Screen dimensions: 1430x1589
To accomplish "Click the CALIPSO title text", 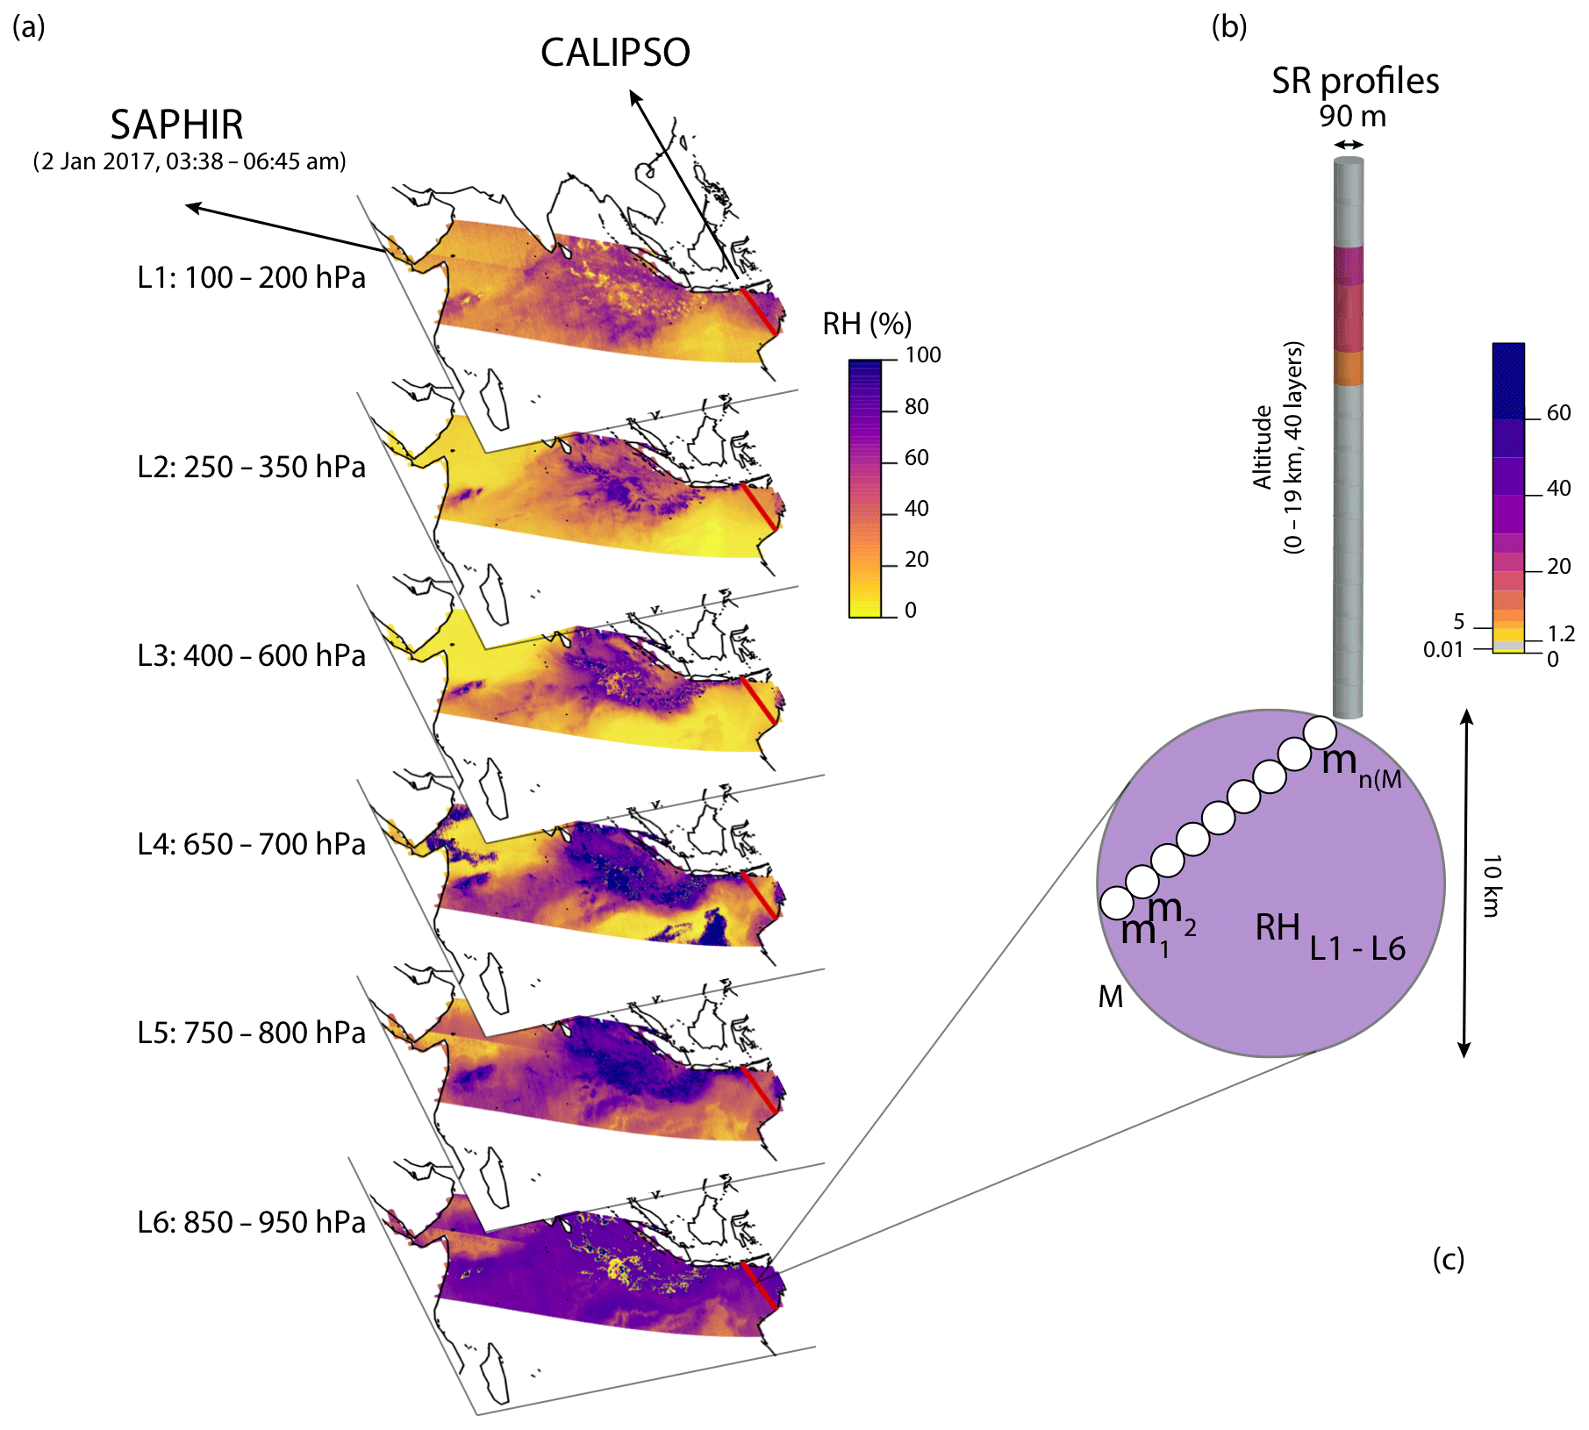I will pyautogui.click(x=615, y=53).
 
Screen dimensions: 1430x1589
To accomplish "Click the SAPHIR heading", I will pyautogui.click(x=176, y=125).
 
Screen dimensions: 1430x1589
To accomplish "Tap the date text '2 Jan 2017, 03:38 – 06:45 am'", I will pyautogui.click(x=190, y=161).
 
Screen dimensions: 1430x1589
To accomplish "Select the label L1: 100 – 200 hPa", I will pyautogui.click(x=251, y=277).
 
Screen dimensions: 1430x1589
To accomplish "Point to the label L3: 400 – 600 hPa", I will pyautogui.click(x=251, y=655).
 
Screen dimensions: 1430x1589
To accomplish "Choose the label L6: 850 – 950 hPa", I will pyautogui.click(x=251, y=1222).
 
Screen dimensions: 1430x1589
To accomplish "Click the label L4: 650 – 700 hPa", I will pyautogui.click(x=251, y=844).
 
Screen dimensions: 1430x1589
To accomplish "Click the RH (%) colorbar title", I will pyautogui.click(x=867, y=324).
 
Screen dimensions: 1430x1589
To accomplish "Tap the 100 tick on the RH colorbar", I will pyautogui.click(x=923, y=355).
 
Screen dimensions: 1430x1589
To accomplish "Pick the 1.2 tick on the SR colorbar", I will pyautogui.click(x=1561, y=633).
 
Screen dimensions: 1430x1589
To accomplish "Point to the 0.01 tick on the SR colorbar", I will pyautogui.click(x=1443, y=650).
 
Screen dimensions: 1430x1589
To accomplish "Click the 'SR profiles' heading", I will pyautogui.click(x=1355, y=81).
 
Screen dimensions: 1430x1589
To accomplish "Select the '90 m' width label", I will pyautogui.click(x=1352, y=116).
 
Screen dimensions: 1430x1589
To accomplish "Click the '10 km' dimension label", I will pyautogui.click(x=1492, y=885).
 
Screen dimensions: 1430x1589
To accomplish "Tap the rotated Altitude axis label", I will pyautogui.click(x=1277, y=447).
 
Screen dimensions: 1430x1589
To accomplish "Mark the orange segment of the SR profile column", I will pyautogui.click(x=1348, y=368).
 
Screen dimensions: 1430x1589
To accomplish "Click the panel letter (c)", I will pyautogui.click(x=1449, y=1260).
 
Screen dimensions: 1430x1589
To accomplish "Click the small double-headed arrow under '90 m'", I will pyautogui.click(x=1349, y=145).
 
